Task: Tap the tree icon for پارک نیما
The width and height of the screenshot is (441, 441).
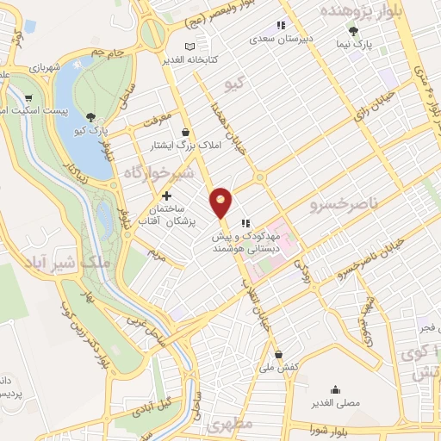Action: pos(354,31)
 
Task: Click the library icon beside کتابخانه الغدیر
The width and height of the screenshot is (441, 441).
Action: pos(190,46)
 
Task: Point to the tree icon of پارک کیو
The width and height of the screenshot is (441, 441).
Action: pos(91,116)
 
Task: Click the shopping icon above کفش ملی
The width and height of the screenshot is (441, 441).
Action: pos(277,354)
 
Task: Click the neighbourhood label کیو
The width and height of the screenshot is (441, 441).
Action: pos(234,84)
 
